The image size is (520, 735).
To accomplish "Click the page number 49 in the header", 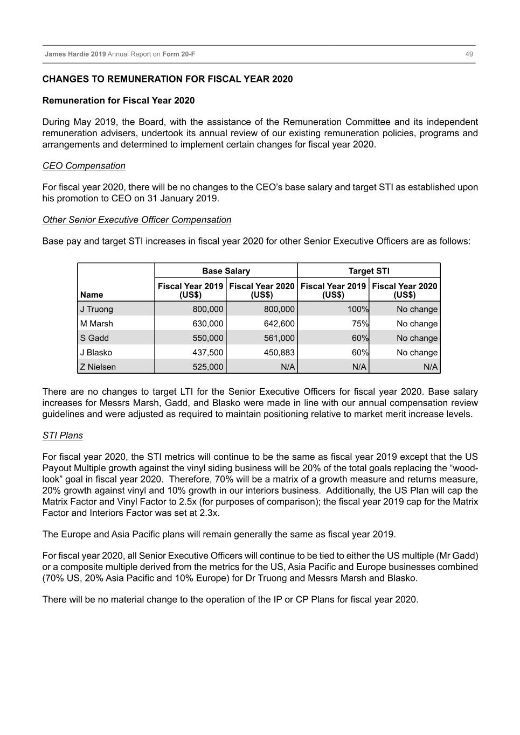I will pyautogui.click(x=469, y=54).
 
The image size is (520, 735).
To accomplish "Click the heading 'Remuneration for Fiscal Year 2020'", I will pyautogui.click(x=119, y=101).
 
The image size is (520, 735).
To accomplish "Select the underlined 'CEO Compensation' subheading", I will pyautogui.click(x=84, y=166).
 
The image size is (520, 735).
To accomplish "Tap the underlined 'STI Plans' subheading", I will pyautogui.click(x=63, y=436).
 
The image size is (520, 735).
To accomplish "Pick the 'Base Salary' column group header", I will pyautogui.click(x=226, y=271).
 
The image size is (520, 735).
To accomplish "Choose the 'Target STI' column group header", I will pyautogui.click(x=369, y=271).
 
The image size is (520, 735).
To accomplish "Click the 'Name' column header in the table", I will pyautogui.click(x=92, y=295).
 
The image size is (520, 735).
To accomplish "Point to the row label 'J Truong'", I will pyautogui.click(x=97, y=309).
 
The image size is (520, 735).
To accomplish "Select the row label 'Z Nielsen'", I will pyautogui.click(x=98, y=367).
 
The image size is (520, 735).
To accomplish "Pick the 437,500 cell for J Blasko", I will pyautogui.click(x=208, y=352).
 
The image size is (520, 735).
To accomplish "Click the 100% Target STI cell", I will pyautogui.click(x=357, y=309).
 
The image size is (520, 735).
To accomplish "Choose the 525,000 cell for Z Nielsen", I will pyautogui.click(x=208, y=367).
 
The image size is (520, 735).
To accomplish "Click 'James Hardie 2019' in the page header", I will pyautogui.click(x=75, y=54).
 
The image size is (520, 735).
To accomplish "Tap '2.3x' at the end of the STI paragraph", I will pyautogui.click(x=209, y=513).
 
